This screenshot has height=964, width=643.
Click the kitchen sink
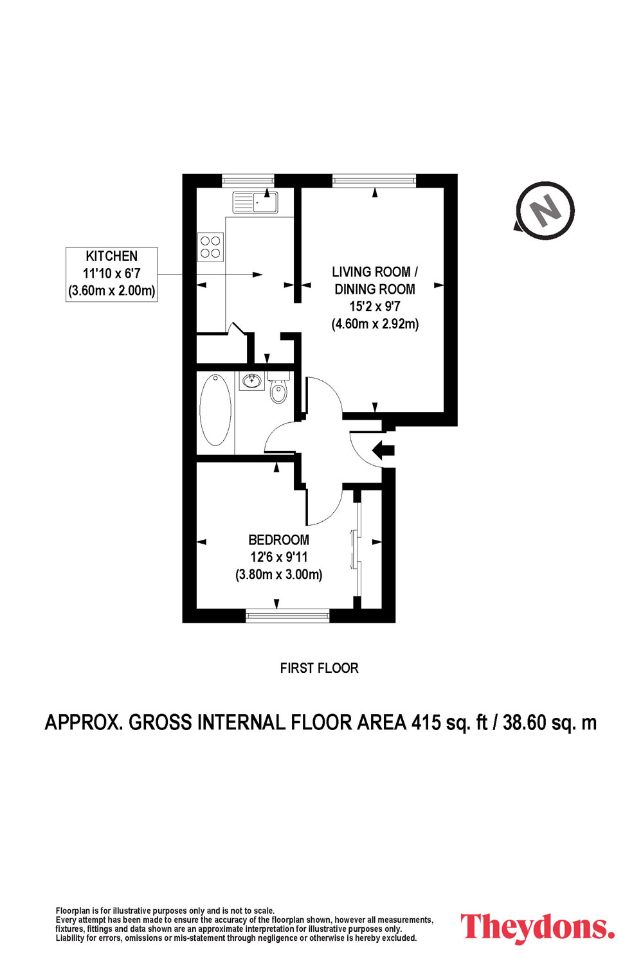(255, 202)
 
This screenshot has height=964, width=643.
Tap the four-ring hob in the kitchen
(211, 247)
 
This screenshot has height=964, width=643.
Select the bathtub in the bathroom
(215, 410)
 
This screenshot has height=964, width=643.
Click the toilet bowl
(278, 393)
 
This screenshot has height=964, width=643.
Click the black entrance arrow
(383, 450)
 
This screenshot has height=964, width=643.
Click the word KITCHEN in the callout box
(111, 256)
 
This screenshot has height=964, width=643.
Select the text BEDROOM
(278, 540)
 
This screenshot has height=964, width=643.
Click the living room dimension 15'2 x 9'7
(375, 306)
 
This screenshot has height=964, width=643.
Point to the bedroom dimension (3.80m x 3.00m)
(278, 575)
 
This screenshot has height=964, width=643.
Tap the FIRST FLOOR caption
(319, 668)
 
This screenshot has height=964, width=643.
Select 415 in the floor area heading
(426, 722)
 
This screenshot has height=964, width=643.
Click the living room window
(374, 181)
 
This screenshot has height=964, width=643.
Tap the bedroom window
(287, 616)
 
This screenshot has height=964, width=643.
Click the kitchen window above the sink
(248, 181)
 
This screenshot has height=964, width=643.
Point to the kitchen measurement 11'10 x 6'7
(111, 273)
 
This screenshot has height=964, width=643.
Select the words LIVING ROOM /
(375, 272)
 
